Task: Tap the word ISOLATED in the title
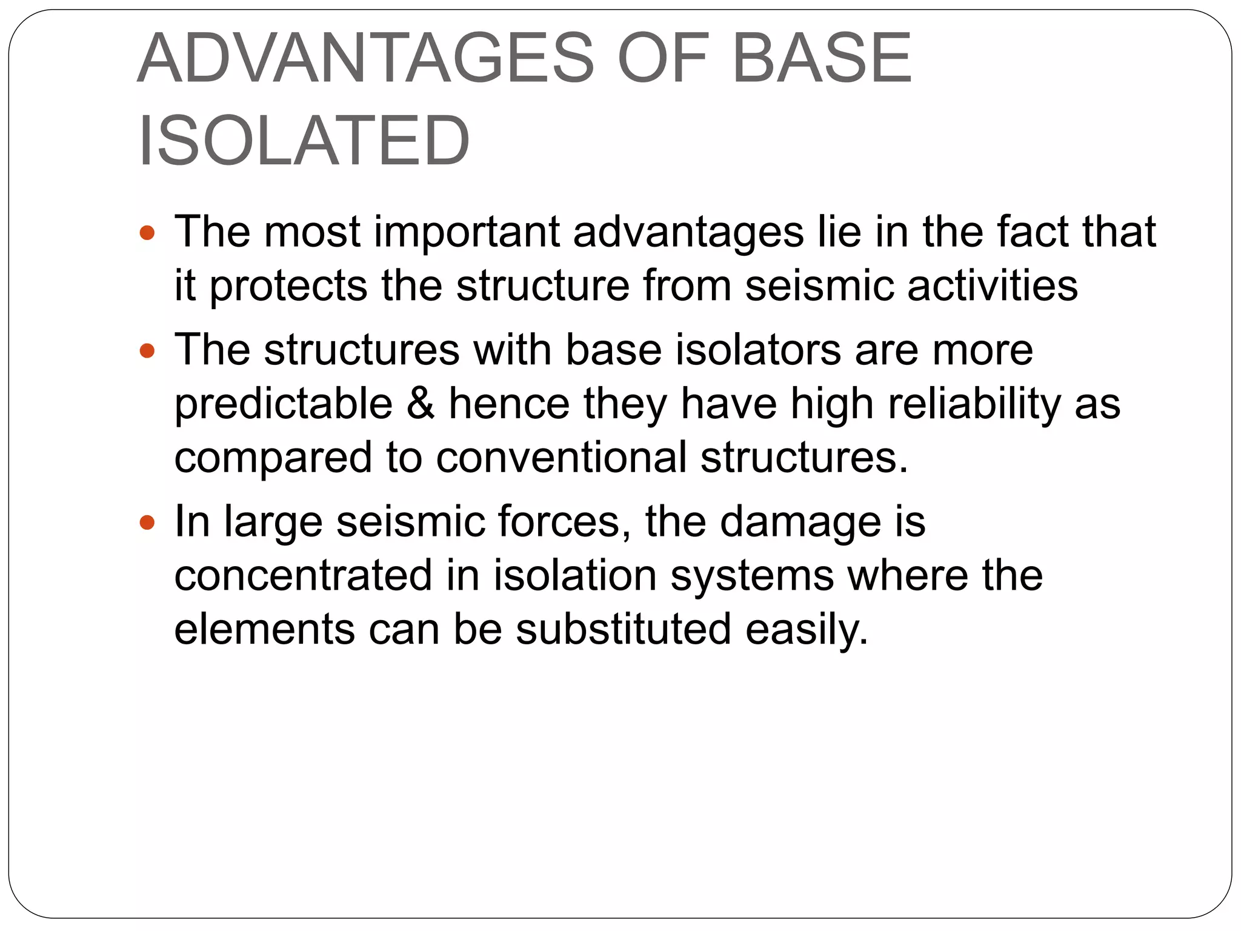pyautogui.click(x=304, y=141)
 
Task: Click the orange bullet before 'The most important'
pyautogui.click(x=147, y=232)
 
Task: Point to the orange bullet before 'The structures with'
pyautogui.click(x=147, y=350)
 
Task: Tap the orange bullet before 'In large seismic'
pyautogui.click(x=147, y=522)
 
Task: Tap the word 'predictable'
pyautogui.click(x=284, y=404)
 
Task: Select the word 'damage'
pyautogui.click(x=800, y=522)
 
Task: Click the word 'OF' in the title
pyautogui.click(x=662, y=59)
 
